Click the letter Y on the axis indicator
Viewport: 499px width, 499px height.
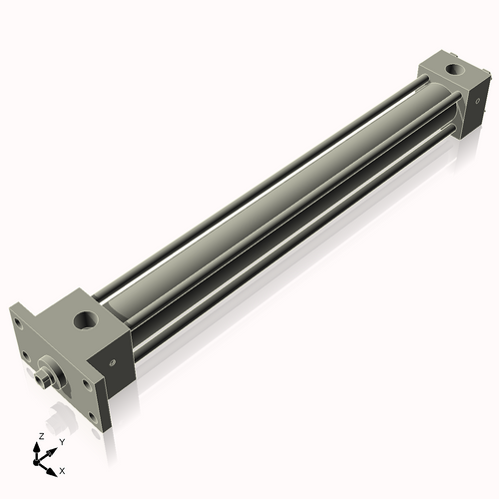(61, 440)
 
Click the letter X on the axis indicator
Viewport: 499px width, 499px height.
(63, 468)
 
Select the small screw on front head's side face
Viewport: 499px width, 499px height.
(113, 362)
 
